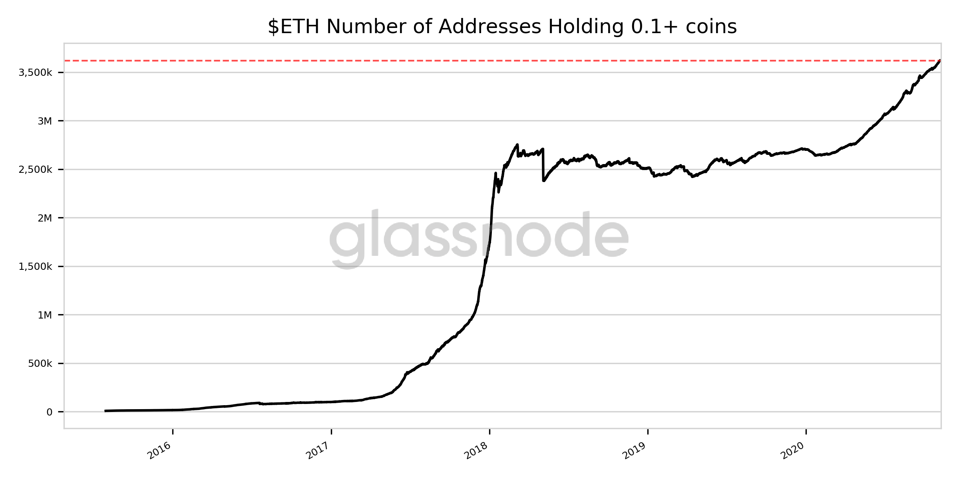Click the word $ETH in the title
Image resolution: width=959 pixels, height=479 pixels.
coord(294,27)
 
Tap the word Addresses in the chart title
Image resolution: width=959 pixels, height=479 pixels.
coord(490,27)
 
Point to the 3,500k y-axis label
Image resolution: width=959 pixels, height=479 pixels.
coord(35,73)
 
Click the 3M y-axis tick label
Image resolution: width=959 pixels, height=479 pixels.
coord(45,121)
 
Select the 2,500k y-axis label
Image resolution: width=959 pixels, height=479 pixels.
coord(35,170)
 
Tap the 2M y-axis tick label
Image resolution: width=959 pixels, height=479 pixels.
coord(45,218)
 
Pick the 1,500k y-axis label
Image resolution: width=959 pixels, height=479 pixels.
coord(35,267)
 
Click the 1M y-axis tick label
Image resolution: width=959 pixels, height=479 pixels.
coord(45,315)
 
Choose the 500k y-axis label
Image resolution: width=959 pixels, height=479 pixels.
coord(40,364)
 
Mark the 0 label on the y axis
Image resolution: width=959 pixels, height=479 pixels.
coord(50,412)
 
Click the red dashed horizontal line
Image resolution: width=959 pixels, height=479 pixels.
coord(400,61)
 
